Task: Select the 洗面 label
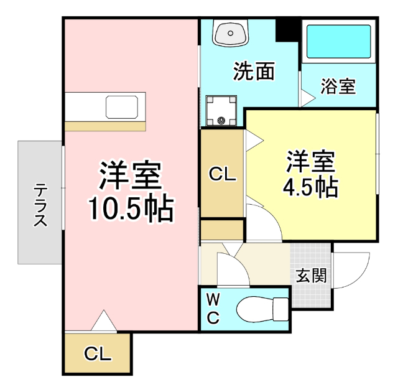tap(254, 72)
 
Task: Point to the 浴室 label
tap(338, 86)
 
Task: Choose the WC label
tap(213, 309)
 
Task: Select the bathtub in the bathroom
tap(338, 42)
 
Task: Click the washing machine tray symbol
tap(221, 111)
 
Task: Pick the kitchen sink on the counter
tap(125, 106)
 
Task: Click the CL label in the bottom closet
tap(98, 355)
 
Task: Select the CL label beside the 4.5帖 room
tap(222, 175)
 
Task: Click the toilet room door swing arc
tap(231, 268)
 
